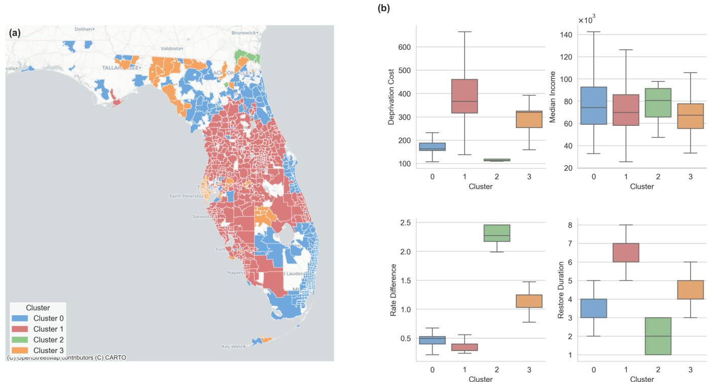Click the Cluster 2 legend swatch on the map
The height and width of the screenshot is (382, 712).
coord(21,339)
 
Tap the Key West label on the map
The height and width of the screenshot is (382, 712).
coord(232,346)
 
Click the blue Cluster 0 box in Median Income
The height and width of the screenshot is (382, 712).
coord(593,106)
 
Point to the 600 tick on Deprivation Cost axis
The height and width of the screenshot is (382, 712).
coord(403,47)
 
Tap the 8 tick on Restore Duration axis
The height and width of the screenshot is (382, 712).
coord(570,225)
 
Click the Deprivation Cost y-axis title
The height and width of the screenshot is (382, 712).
coord(391,99)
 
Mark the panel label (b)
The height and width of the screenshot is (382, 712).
coord(383,8)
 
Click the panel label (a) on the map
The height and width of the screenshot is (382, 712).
coord(15,33)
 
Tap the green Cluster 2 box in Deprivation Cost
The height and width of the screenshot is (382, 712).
coord(496,160)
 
